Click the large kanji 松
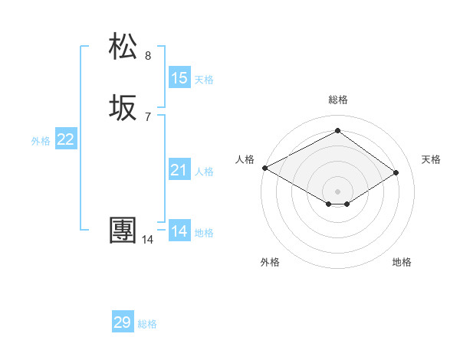pyautogui.click(x=123, y=47)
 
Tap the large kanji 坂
pyautogui.click(x=123, y=108)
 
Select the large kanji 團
pyautogui.click(x=123, y=231)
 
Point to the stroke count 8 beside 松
pyautogui.click(x=148, y=55)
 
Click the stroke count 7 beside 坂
pyautogui.click(x=148, y=116)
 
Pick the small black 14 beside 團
pyautogui.click(x=147, y=240)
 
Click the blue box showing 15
pyautogui.click(x=179, y=78)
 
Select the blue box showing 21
pyautogui.click(x=179, y=170)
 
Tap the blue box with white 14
pyautogui.click(x=179, y=231)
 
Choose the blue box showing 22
pyautogui.click(x=66, y=139)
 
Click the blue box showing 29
pyautogui.click(x=123, y=322)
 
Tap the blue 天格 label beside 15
pyautogui.click(x=204, y=79)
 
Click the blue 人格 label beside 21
pyautogui.click(x=204, y=171)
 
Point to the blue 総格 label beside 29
pyautogui.click(x=147, y=323)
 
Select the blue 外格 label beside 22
pyautogui.click(x=41, y=140)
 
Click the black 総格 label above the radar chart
pyautogui.click(x=337, y=100)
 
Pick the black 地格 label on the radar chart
pyautogui.click(x=402, y=262)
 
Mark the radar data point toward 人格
pyautogui.click(x=264, y=168)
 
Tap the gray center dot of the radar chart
pyautogui.click(x=337, y=191)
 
